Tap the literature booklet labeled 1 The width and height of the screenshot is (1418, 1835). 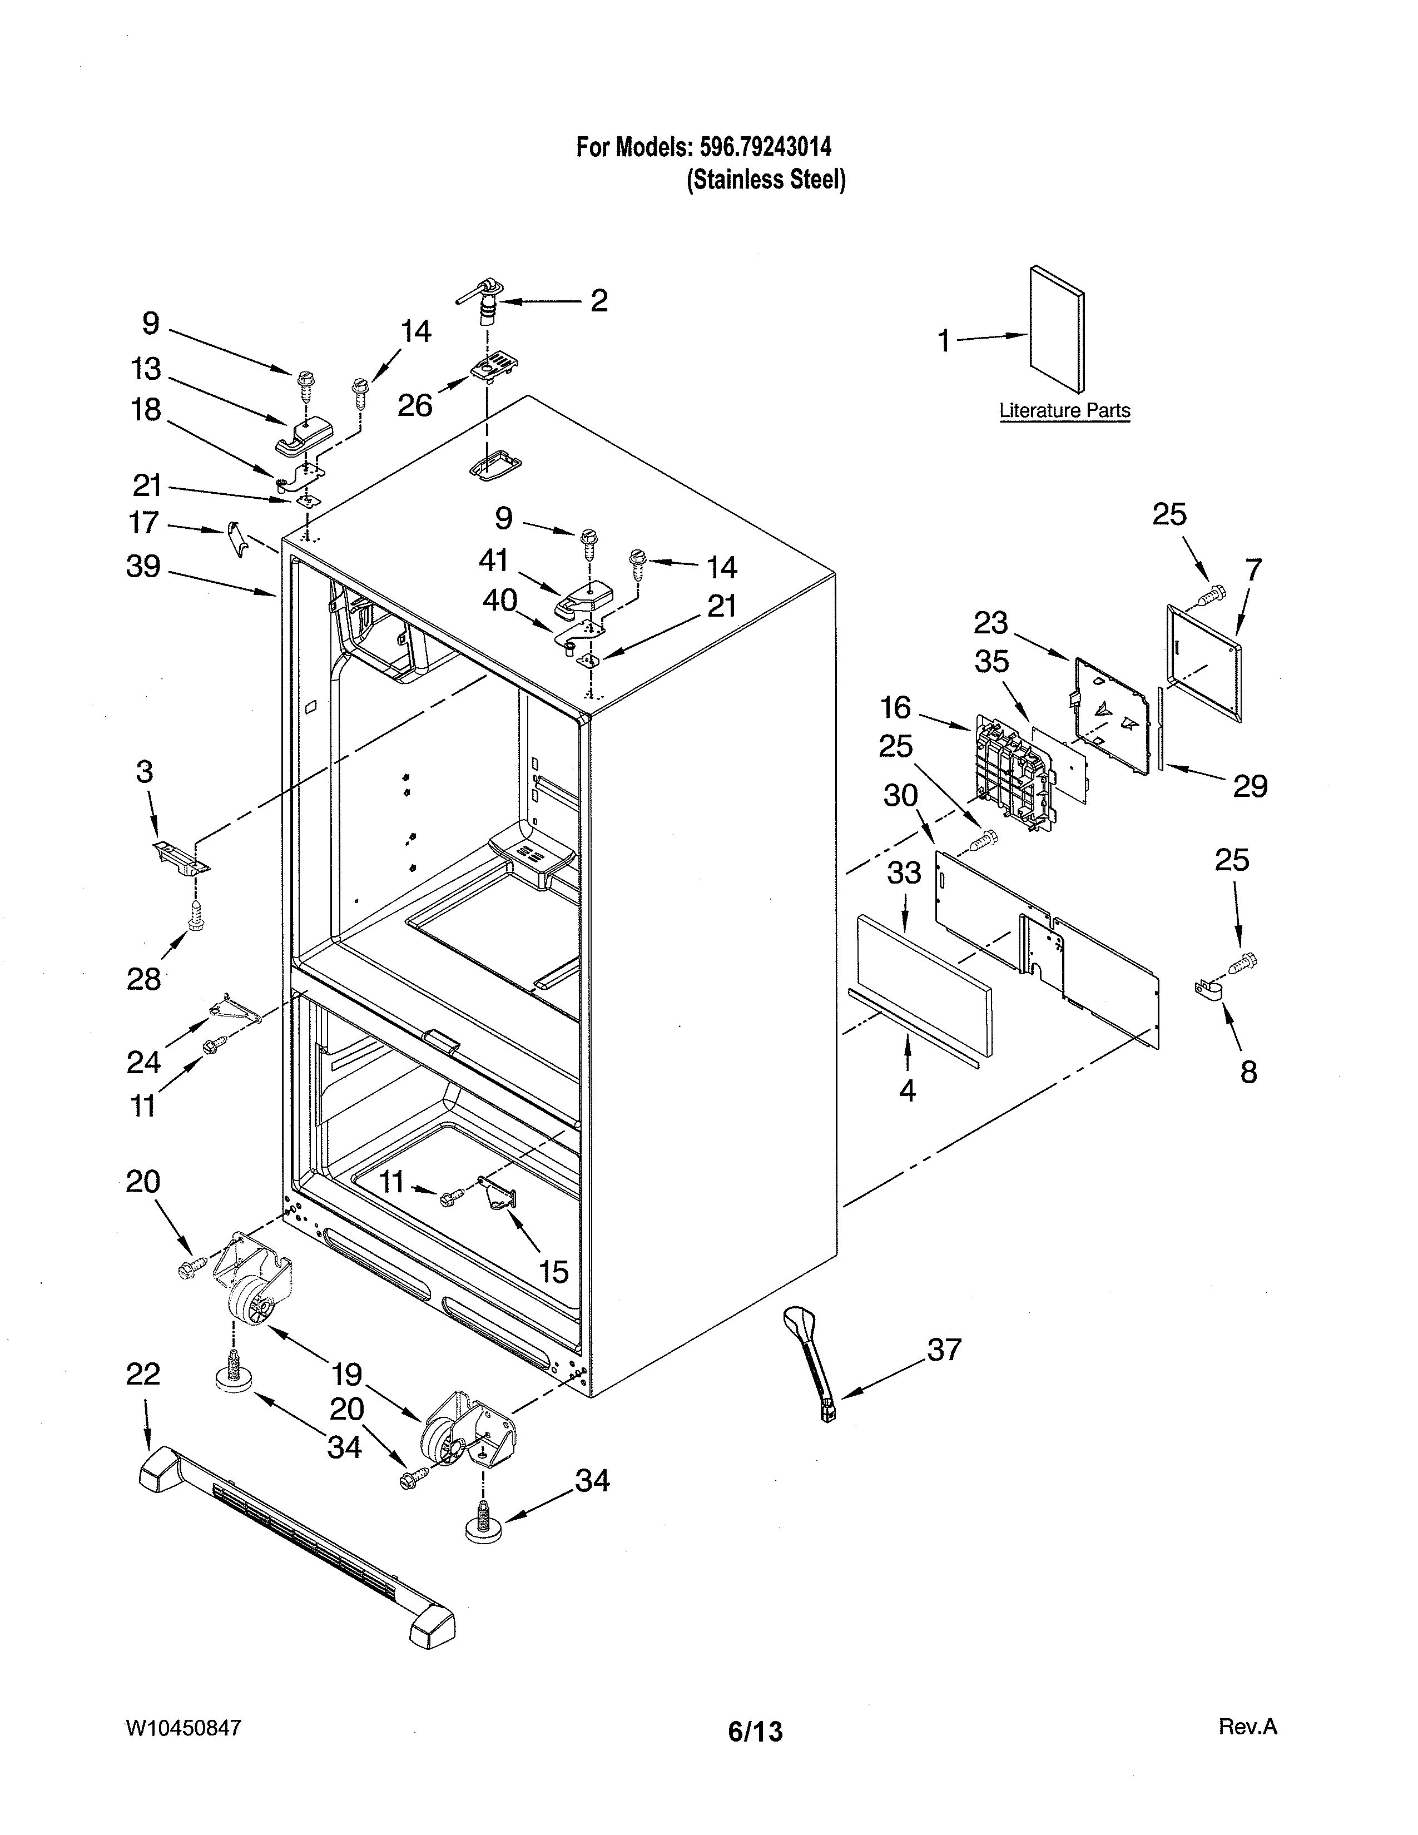pyautogui.click(x=1057, y=329)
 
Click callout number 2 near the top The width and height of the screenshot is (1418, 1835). pyautogui.click(x=599, y=301)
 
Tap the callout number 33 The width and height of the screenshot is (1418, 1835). pyautogui.click(x=904, y=873)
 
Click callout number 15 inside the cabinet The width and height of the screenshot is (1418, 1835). pyautogui.click(x=554, y=1271)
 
